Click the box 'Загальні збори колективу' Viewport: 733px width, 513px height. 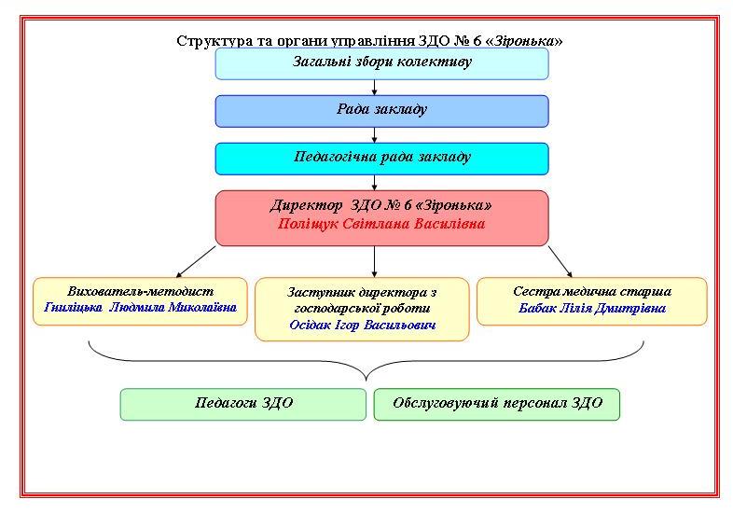click(x=381, y=63)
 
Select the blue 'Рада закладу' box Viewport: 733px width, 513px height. click(x=381, y=110)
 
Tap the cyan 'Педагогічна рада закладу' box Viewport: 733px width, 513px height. click(x=381, y=158)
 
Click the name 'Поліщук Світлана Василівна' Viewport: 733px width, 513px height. click(x=381, y=225)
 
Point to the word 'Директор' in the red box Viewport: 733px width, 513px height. click(x=301, y=205)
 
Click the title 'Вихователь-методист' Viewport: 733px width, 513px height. click(x=141, y=291)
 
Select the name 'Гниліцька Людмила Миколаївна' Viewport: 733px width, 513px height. click(x=141, y=308)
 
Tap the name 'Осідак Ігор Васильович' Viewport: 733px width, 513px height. click(x=363, y=326)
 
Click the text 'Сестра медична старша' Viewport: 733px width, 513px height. click(x=591, y=291)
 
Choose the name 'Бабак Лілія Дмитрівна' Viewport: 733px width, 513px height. click(x=591, y=308)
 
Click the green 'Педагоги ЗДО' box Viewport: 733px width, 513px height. click(x=243, y=404)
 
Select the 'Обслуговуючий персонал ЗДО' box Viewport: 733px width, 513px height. click(x=497, y=404)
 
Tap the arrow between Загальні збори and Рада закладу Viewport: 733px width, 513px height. click(x=374, y=87)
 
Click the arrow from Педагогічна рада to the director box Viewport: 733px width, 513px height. click(x=374, y=182)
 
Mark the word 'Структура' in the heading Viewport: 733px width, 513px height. click(x=204, y=41)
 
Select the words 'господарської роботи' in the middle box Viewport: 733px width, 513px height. click(x=363, y=308)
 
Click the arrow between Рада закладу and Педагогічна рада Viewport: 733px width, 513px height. click(x=374, y=134)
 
